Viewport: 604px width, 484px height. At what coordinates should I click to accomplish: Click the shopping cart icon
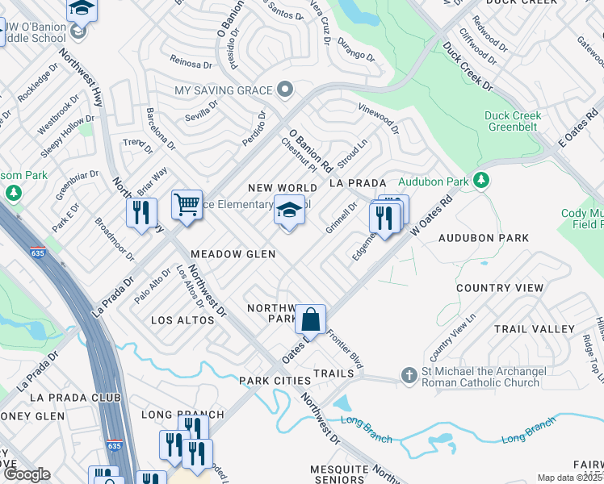coord(187,204)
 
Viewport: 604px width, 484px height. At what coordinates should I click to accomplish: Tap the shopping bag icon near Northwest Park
coord(310,319)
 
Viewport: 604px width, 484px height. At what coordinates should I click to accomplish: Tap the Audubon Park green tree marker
coord(481,179)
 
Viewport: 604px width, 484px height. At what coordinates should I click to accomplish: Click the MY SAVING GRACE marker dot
coord(283,89)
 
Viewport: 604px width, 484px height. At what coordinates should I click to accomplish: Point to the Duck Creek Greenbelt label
coord(518,121)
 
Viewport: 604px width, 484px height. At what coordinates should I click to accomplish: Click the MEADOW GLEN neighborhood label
coord(233,254)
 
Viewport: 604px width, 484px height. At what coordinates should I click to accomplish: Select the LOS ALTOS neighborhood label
coord(183,320)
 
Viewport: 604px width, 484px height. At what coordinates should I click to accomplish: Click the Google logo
coord(27,475)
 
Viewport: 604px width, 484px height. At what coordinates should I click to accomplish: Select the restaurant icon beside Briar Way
coord(141,213)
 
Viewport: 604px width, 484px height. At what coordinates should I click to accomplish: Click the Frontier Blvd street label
coord(346,352)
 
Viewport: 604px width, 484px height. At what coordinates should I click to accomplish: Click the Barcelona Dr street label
coord(159,130)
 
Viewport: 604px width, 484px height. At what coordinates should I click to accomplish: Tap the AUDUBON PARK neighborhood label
coord(484,238)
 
